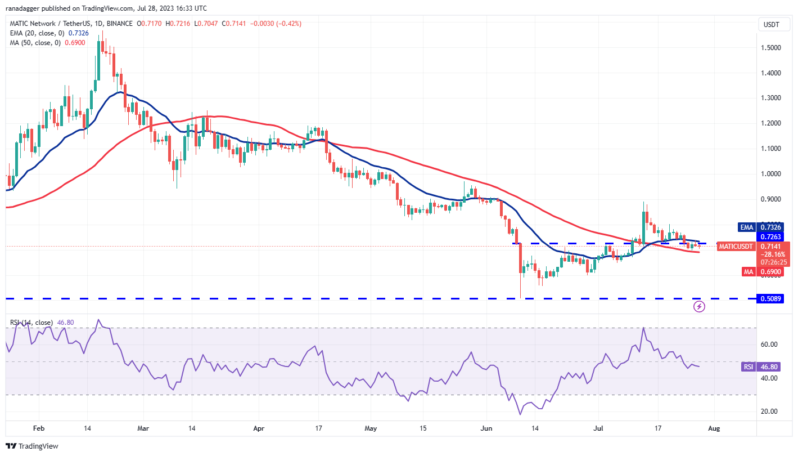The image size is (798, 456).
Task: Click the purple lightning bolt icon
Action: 699,306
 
